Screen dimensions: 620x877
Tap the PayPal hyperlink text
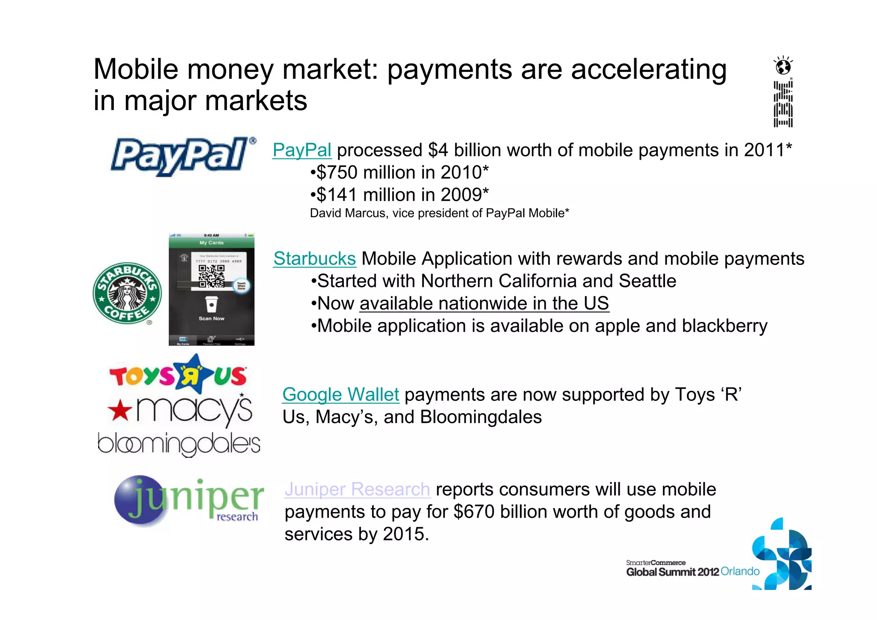302,150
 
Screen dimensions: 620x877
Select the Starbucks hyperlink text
315,259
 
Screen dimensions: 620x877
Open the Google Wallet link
341,394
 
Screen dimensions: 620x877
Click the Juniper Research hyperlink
358,489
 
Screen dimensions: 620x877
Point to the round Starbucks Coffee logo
127,293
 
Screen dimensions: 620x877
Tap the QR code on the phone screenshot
211,276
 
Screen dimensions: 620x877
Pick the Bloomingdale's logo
179,444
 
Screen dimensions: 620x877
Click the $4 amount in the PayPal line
438,150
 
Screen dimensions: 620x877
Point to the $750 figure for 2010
337,173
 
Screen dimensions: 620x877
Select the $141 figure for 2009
337,195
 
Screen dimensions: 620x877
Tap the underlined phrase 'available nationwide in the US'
484,304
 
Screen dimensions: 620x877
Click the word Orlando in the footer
740,571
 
